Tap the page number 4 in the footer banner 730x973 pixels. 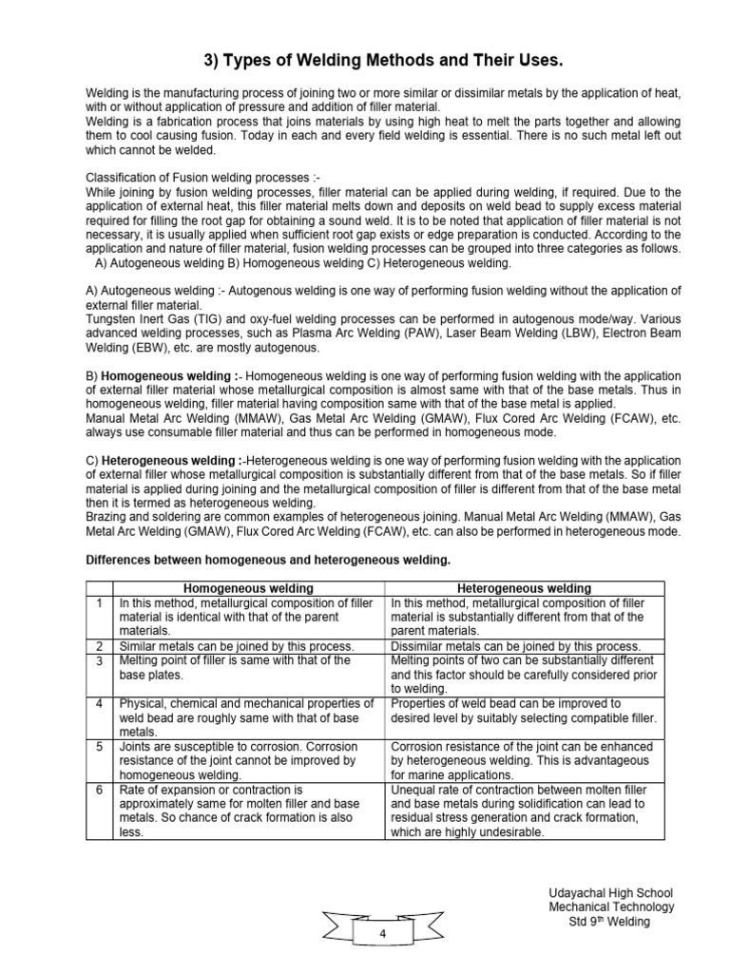tap(382, 935)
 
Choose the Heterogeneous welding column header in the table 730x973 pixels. tap(524, 588)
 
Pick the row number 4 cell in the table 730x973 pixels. tap(99, 704)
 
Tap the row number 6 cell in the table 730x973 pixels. tap(99, 790)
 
